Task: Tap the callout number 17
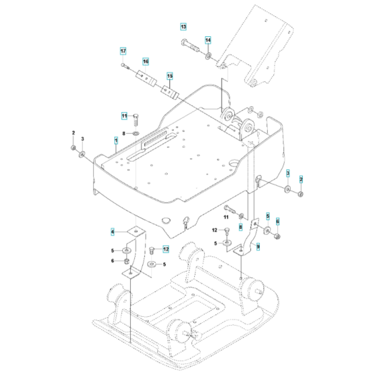click(123, 51)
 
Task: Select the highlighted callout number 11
click(124, 116)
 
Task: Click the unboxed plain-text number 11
click(226, 217)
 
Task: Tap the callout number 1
click(116, 140)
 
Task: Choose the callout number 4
click(113, 232)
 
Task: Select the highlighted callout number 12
click(166, 249)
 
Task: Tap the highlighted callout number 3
click(287, 174)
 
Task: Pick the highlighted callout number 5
click(267, 216)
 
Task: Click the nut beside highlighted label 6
click(277, 235)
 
